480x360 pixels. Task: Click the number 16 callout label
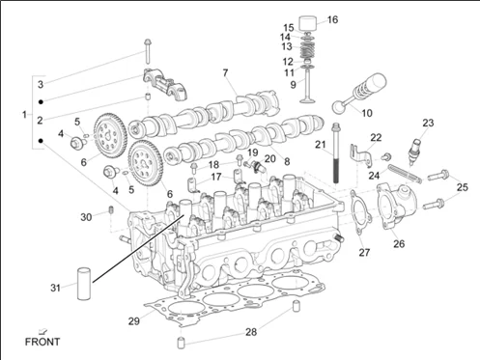coord(332,19)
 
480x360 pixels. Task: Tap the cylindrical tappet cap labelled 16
coord(308,23)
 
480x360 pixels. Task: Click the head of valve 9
coord(307,101)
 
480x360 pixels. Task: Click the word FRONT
coord(42,342)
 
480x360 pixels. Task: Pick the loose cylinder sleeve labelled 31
coord(84,283)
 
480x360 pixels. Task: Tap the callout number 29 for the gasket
coord(134,321)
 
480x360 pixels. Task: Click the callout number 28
coord(251,332)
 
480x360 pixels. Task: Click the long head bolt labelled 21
coord(336,152)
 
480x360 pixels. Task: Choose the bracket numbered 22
coord(361,155)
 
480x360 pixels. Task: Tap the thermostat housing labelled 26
coord(397,206)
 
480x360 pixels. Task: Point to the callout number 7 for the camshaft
coord(225,73)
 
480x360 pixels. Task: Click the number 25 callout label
coord(463,187)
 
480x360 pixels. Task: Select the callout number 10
coord(367,113)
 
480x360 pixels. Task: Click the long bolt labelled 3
coord(148,51)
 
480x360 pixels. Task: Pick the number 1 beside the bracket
coord(24,115)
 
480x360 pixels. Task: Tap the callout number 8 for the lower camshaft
coord(287,161)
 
